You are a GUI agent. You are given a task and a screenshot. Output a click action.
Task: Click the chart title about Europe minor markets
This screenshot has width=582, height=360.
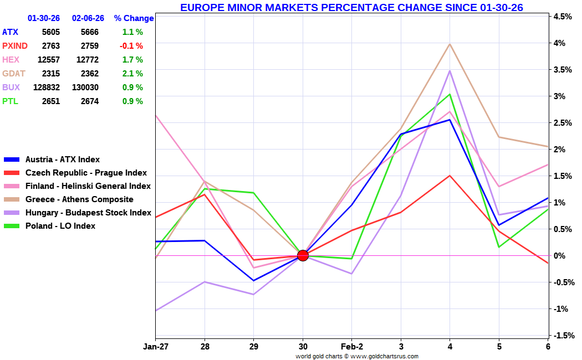pyautogui.click(x=351, y=7)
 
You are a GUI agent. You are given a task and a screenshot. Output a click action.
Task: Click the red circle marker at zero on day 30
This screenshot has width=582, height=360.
pyautogui.click(x=303, y=255)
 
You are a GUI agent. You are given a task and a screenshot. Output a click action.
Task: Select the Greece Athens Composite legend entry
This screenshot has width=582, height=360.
pyautogui.click(x=79, y=199)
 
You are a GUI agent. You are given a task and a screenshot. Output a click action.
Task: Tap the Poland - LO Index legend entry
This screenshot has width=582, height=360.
pyautogui.click(x=60, y=226)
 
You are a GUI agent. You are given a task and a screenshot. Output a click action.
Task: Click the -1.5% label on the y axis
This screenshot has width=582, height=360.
pyautogui.click(x=561, y=336)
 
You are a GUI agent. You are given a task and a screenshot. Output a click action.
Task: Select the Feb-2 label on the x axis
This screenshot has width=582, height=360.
pyautogui.click(x=351, y=347)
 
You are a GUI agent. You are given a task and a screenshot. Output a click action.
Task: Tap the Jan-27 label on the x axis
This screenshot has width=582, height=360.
pyautogui.click(x=156, y=347)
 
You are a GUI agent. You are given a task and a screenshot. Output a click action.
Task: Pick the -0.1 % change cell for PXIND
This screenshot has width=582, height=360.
pyautogui.click(x=132, y=46)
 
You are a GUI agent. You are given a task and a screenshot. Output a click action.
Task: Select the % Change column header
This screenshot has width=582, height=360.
pyautogui.click(x=134, y=18)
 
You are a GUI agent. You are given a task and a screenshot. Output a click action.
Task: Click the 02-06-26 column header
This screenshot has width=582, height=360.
pyautogui.click(x=88, y=18)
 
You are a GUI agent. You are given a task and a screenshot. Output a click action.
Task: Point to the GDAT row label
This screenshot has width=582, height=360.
pyautogui.click(x=14, y=74)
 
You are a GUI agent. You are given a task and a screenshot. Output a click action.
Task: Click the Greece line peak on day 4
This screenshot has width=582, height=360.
pyautogui.click(x=450, y=44)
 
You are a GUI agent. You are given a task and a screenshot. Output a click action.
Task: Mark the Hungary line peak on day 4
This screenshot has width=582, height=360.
pyautogui.click(x=450, y=71)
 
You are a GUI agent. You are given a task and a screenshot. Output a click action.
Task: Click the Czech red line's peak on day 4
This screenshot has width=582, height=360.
pyautogui.click(x=450, y=176)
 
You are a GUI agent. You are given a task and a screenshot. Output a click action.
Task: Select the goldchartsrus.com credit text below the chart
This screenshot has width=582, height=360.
pyautogui.click(x=357, y=356)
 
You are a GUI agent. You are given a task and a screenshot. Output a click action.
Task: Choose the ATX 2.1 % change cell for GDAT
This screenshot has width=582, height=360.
pyautogui.click(x=132, y=74)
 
